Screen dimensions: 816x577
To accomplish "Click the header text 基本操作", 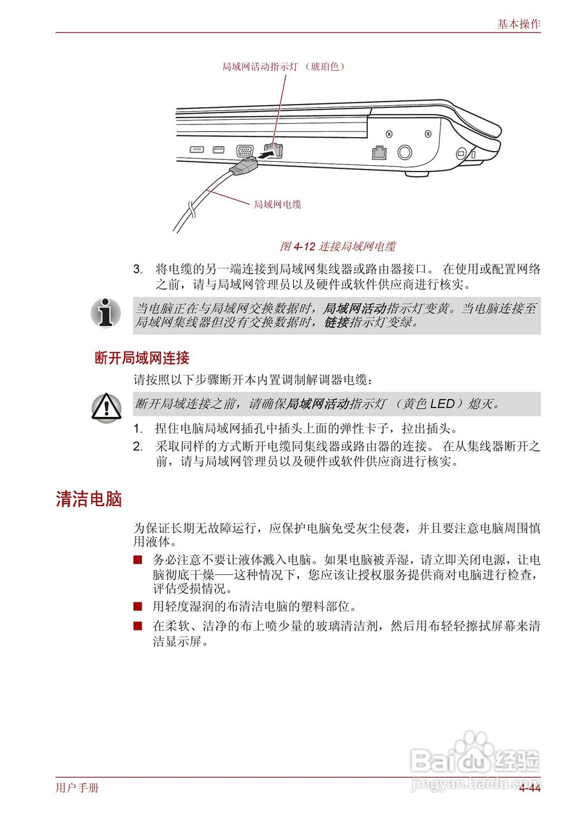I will pyautogui.click(x=518, y=24).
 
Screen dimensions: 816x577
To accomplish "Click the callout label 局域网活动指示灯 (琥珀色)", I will pyautogui.click(x=283, y=66).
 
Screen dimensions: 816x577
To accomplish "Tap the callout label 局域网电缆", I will pyautogui.click(x=277, y=204).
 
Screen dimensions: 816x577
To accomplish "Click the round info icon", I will pyautogui.click(x=105, y=312).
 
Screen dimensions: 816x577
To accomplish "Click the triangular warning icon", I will pyautogui.click(x=105, y=407).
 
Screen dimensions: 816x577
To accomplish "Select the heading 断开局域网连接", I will pyautogui.click(x=142, y=358).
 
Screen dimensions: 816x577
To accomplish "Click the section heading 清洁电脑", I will pyautogui.click(x=89, y=499).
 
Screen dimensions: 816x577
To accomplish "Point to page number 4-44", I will pyautogui.click(x=529, y=789).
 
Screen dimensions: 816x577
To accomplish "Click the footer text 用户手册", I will pyautogui.click(x=77, y=788).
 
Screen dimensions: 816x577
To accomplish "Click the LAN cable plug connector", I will pyautogui.click(x=244, y=167).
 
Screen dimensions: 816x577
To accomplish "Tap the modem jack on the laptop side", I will pyautogui.click(x=379, y=153).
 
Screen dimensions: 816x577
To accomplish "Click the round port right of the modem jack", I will pyautogui.click(x=404, y=153).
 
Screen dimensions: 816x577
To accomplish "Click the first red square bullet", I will pyautogui.click(x=137, y=560).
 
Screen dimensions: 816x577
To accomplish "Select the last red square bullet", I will pyautogui.click(x=137, y=627).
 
